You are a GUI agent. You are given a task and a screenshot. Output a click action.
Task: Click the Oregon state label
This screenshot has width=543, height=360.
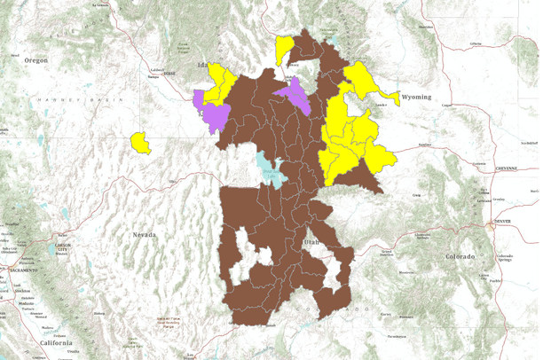[35, 59]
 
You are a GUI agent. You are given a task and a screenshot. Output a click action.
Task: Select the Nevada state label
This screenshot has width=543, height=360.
[144, 234]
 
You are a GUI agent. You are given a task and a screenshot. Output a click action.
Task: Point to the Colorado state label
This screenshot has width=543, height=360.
[459, 256]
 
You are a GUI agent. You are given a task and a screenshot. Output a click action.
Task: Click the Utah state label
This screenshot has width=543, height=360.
[311, 241]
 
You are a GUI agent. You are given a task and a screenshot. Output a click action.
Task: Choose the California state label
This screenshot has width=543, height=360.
[57, 343]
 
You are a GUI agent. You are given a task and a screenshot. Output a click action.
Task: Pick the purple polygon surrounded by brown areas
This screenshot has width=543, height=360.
[295, 94]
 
